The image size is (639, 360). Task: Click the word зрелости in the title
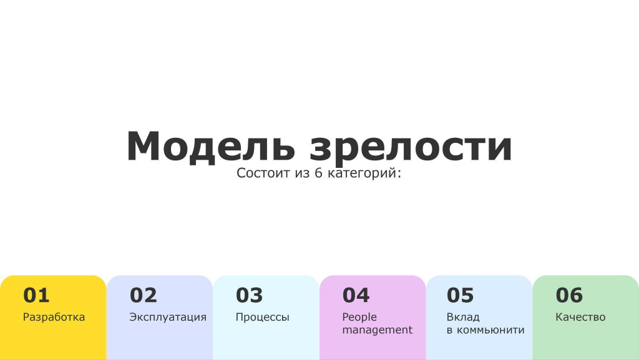[411, 148]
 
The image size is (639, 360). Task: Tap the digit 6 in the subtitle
[318, 173]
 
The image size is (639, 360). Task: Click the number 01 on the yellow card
[36, 295]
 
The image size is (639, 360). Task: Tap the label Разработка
[54, 317]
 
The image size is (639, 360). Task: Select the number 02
[143, 295]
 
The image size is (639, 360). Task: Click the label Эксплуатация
[168, 317]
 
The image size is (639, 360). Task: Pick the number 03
[250, 295]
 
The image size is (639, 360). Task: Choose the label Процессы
[263, 318]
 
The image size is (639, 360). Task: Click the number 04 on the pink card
[356, 295]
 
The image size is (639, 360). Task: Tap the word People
[359, 317]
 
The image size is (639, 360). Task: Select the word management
[378, 330]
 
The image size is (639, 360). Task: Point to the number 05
[460, 295]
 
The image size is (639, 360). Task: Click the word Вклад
[463, 317]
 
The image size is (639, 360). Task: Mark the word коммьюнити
[490, 330]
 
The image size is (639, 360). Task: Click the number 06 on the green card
[569, 295]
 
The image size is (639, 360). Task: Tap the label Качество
[580, 317]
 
